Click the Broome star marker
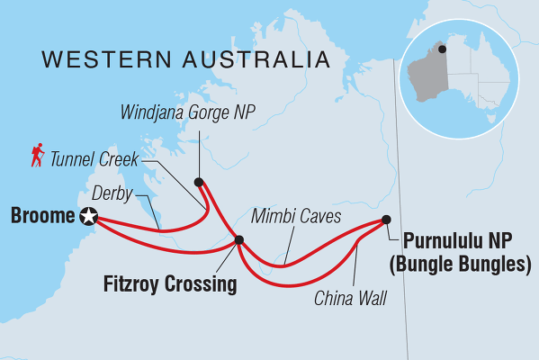88,216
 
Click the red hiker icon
37,157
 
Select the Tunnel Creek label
94,160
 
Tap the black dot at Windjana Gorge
199,181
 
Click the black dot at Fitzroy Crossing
238,239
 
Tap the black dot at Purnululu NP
386,219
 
